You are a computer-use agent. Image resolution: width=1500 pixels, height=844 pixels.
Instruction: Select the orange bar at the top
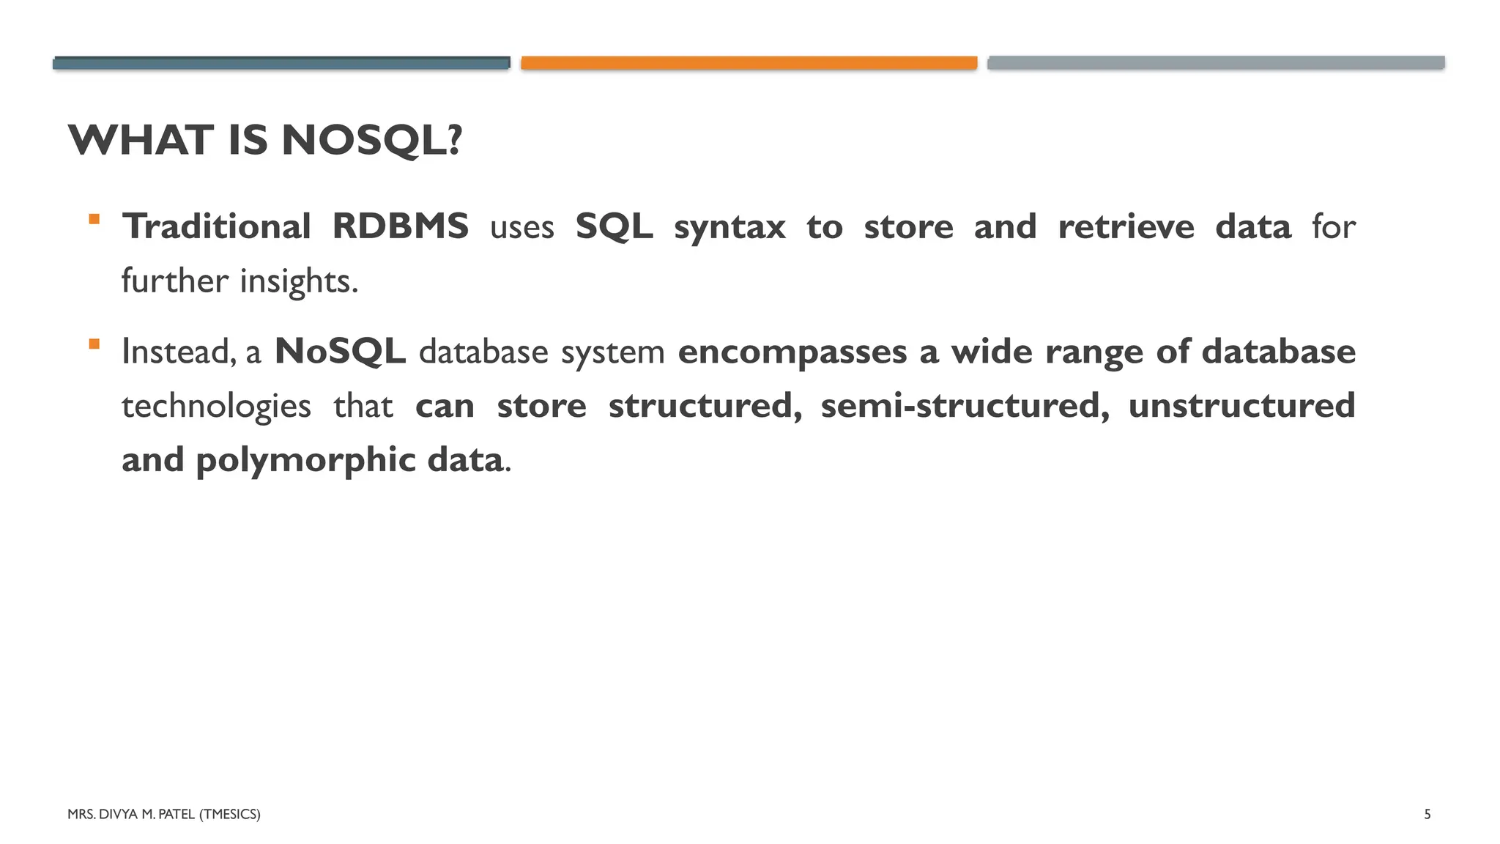[x=749, y=63]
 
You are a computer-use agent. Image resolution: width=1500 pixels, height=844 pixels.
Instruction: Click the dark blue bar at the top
[x=281, y=63]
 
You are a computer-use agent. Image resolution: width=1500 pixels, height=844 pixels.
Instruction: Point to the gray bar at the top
[x=1216, y=63]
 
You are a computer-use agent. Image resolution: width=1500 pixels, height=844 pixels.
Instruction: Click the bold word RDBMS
[x=400, y=226]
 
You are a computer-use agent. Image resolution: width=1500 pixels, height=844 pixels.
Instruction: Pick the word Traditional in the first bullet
[x=217, y=226]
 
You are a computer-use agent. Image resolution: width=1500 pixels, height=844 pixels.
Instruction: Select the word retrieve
[x=1126, y=226]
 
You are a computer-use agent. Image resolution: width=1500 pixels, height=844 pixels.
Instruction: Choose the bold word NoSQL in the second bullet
[x=340, y=352]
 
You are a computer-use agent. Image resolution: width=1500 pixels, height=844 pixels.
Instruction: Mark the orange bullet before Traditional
[x=94, y=218]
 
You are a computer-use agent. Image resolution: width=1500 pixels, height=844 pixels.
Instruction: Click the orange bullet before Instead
[x=94, y=344]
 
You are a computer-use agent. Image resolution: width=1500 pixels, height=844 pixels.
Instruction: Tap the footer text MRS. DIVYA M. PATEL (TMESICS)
[x=163, y=814]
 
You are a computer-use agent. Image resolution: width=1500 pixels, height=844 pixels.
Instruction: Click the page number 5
[x=1427, y=814]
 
